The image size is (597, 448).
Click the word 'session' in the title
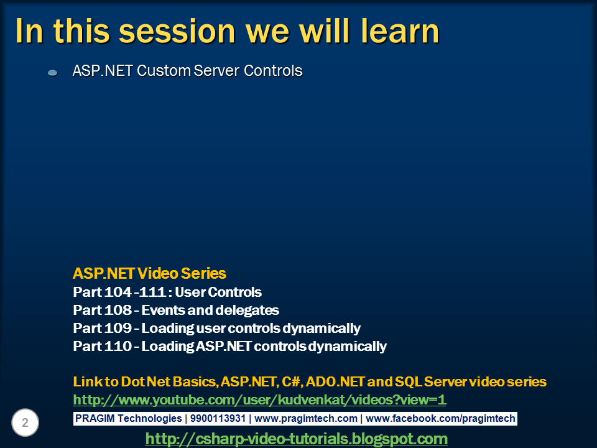click(177, 31)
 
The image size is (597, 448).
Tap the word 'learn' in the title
click(400, 30)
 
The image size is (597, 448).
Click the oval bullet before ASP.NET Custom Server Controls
click(52, 72)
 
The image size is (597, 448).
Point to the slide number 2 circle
click(25, 422)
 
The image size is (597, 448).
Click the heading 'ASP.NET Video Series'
click(149, 274)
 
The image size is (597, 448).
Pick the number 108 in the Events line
click(118, 310)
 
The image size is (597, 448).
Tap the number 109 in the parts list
click(118, 328)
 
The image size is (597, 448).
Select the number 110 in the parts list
click(118, 346)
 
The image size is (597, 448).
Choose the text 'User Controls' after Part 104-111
click(218, 292)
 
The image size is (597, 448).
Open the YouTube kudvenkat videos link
click(259, 400)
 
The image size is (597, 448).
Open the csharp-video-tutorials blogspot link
click(296, 439)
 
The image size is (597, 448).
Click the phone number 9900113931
click(218, 418)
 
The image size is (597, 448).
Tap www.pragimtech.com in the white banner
click(306, 419)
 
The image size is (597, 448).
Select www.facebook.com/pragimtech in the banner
click(440, 419)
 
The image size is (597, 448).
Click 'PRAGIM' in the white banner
click(95, 418)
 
